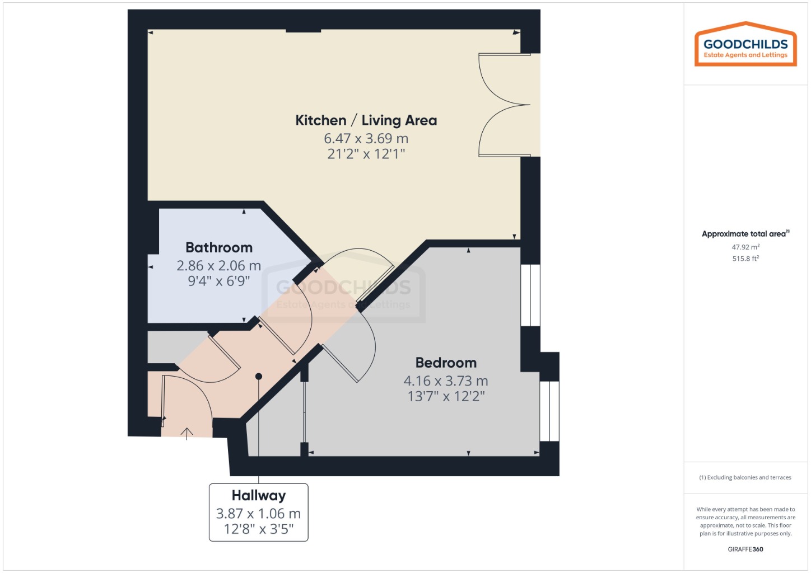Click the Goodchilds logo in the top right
pyautogui.click(x=745, y=45)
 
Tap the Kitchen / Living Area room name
pyautogui.click(x=366, y=120)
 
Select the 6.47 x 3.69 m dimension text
pyautogui.click(x=366, y=138)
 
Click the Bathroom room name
pyautogui.click(x=219, y=247)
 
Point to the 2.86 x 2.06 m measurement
pyautogui.click(x=219, y=266)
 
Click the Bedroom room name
pyautogui.click(x=446, y=363)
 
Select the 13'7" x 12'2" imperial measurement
pyautogui.click(x=446, y=397)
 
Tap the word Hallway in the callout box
pyautogui.click(x=259, y=495)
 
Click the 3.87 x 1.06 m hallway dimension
pyautogui.click(x=259, y=513)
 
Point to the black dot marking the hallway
pyautogui.click(x=259, y=377)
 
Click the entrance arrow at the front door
pyautogui.click(x=187, y=433)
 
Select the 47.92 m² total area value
pyautogui.click(x=745, y=247)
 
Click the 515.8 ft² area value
pyautogui.click(x=745, y=259)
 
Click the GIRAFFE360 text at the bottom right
pyautogui.click(x=745, y=549)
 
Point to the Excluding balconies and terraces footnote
pyautogui.click(x=745, y=477)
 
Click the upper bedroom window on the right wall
pyautogui.click(x=530, y=295)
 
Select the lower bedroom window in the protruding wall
pyautogui.click(x=549, y=411)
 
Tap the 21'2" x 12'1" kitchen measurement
pyautogui.click(x=366, y=154)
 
